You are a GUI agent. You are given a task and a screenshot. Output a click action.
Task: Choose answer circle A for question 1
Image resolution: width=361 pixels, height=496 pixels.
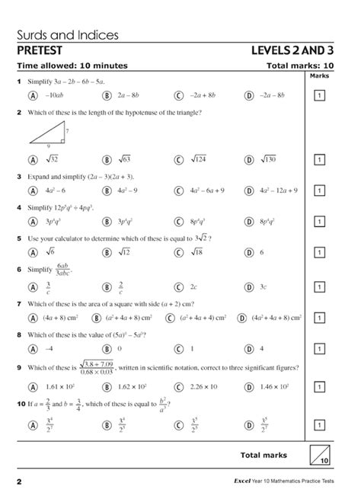32,95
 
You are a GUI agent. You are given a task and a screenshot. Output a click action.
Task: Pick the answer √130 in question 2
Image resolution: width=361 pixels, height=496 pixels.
269,160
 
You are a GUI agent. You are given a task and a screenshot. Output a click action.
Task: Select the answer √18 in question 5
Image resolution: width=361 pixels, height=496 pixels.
196,253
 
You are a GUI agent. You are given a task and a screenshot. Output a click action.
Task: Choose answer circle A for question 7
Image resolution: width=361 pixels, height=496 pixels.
32,317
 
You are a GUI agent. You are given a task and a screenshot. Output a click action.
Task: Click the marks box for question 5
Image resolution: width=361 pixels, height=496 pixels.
321,253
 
